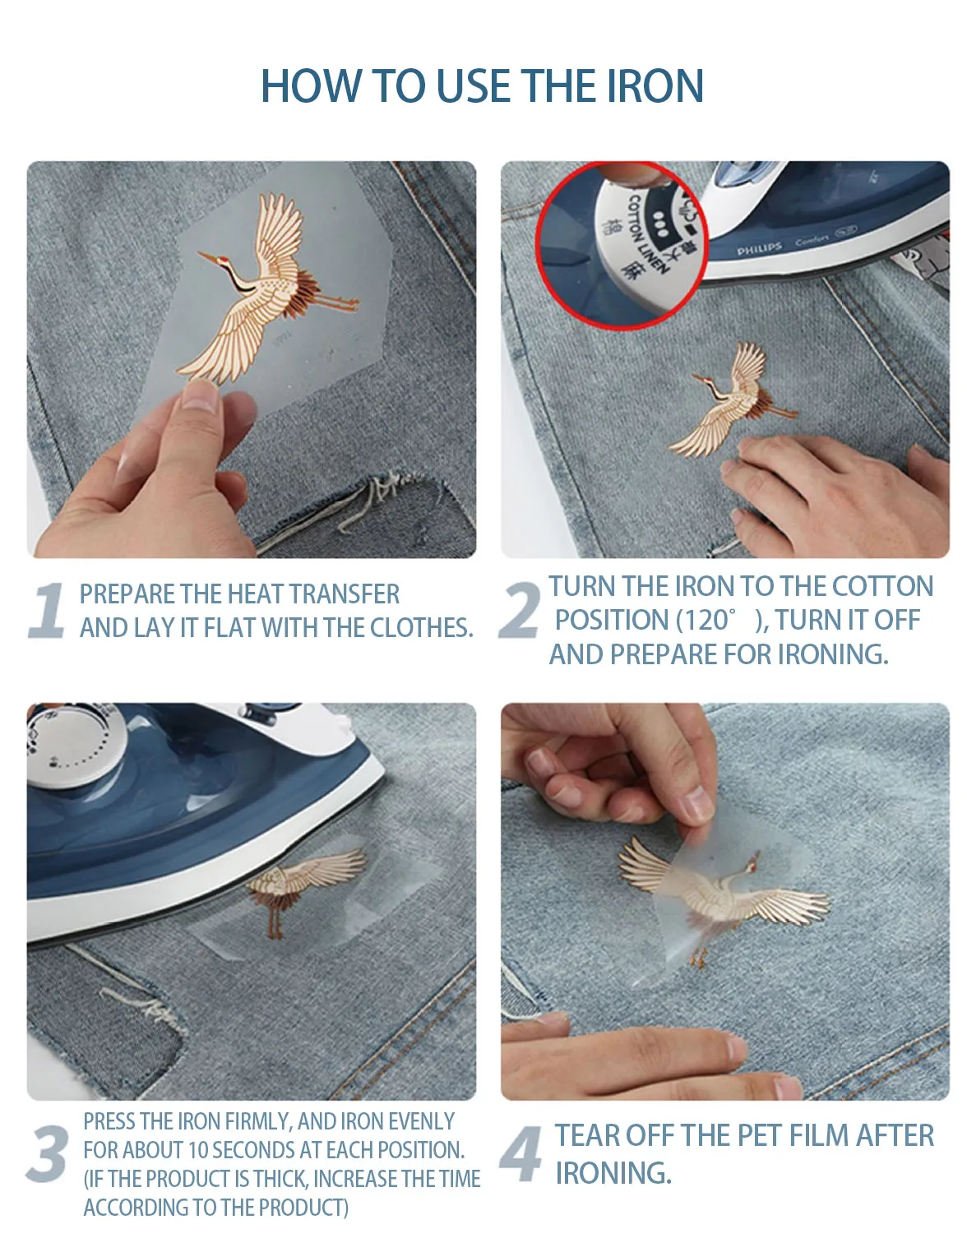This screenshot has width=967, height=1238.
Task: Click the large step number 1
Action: tap(47, 610)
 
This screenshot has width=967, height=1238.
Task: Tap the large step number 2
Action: tap(519, 610)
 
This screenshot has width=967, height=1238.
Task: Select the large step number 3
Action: tap(48, 1153)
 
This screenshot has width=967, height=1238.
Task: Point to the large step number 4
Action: tap(521, 1153)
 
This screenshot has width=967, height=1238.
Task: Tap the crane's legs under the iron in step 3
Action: tap(275, 922)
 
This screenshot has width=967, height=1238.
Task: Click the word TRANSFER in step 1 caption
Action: tap(345, 594)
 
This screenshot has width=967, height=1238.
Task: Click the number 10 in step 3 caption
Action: tap(197, 1150)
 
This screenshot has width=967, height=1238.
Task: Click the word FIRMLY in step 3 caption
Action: tap(260, 1122)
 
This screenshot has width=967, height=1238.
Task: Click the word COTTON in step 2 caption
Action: tap(882, 586)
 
